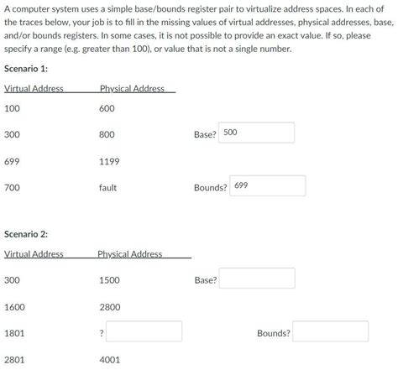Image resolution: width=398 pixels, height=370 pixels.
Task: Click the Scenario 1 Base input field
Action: tap(257, 133)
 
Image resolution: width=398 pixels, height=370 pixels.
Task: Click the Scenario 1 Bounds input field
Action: tap(268, 186)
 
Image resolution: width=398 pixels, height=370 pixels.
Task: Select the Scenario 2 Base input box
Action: tap(258, 279)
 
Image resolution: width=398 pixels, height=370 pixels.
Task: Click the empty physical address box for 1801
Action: tap(144, 332)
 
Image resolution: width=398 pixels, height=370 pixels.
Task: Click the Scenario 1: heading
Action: tap(27, 69)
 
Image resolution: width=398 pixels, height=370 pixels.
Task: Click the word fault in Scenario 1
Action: tap(107, 188)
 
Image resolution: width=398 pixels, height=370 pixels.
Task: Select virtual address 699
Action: tap(12, 161)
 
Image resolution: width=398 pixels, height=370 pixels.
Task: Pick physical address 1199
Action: tap(110, 161)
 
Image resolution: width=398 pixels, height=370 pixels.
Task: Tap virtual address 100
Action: tap(12, 108)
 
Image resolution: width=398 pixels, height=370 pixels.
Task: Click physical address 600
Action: tap(107, 108)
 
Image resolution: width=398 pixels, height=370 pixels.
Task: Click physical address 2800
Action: tap(110, 307)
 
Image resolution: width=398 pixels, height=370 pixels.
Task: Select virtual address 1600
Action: tap(14, 307)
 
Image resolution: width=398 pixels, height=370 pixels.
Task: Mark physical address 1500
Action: tap(110, 280)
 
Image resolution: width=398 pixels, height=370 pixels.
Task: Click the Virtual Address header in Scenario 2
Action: tap(34, 253)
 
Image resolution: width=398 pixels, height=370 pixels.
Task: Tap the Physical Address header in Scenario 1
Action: tap(132, 89)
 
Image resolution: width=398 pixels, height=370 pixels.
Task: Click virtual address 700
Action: tap(12, 188)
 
